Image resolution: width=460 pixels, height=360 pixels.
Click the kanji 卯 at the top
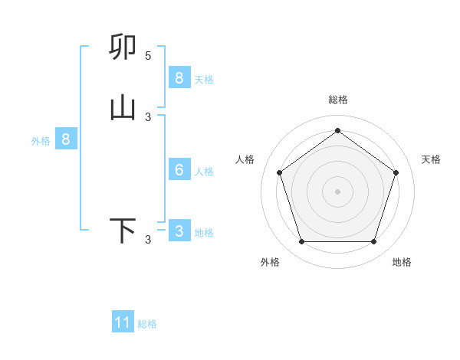point(123,47)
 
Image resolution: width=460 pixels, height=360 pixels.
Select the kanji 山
point(123,108)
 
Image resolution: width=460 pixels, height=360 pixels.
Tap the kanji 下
point(123,231)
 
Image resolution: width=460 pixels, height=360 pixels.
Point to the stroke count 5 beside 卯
point(148,56)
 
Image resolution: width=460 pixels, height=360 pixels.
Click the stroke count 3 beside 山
point(148,117)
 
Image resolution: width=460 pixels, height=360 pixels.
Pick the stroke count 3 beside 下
point(148,240)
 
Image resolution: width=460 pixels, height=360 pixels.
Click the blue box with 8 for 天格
point(179,78)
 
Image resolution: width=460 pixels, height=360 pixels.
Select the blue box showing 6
point(179,170)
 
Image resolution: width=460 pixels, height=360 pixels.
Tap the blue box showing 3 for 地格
point(179,231)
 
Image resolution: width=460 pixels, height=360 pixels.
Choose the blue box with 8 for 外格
point(66,139)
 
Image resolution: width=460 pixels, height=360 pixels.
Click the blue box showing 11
point(123,322)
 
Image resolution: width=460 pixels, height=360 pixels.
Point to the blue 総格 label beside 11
point(147,324)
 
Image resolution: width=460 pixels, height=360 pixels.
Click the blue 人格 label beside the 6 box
point(204,172)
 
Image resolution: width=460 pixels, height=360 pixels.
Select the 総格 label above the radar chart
point(337,100)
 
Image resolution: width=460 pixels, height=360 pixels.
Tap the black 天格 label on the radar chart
point(431,159)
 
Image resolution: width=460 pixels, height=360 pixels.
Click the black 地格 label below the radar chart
point(402,262)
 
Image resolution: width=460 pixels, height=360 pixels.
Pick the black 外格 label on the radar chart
point(270,262)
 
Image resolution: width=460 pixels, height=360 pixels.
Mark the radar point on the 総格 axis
point(337,130)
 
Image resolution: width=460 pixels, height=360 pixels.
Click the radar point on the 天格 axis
point(396,172)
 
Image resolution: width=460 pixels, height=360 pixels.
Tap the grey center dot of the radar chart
point(337,191)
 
